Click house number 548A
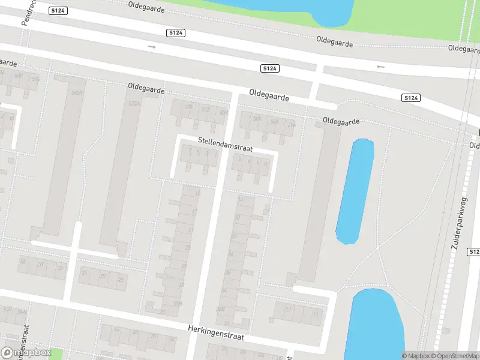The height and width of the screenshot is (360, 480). click(76, 93)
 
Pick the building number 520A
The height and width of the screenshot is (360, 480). click(134, 103)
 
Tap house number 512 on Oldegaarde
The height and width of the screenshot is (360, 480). click(206, 109)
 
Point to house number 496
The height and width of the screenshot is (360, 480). click(292, 125)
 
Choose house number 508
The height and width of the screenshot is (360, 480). click(257, 119)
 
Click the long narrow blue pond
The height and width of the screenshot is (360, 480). click(355, 190)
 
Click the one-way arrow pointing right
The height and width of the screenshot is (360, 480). click(151, 46)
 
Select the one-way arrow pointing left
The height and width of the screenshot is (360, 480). click(380, 67)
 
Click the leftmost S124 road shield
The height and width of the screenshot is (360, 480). click(58, 11)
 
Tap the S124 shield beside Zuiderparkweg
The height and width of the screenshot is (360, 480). click(474, 252)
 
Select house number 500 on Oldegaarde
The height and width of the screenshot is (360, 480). click(274, 122)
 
